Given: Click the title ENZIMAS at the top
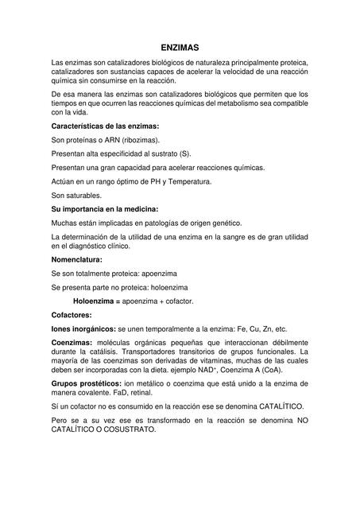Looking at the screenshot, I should [x=180, y=48].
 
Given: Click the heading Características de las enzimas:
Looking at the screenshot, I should [x=105, y=126].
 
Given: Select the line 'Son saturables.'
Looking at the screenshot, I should [x=76, y=195].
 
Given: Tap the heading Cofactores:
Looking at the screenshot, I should [x=72, y=315].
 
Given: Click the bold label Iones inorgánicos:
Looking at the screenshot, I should [x=83, y=328].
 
